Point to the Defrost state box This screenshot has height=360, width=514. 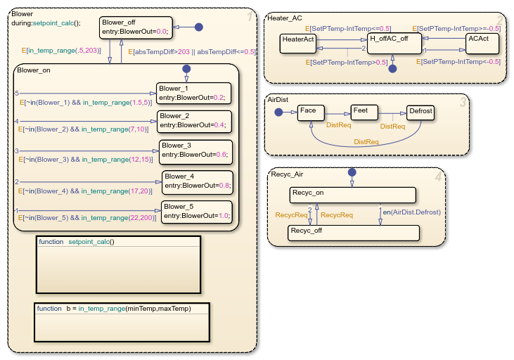pos(420,114)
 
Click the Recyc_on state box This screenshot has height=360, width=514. pos(352,194)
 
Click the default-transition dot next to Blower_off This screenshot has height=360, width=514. pos(198,27)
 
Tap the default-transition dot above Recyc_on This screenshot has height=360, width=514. pos(352,172)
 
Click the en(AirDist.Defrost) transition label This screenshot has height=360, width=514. pos(411,210)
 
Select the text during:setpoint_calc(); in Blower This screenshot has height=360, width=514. pos(46,22)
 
